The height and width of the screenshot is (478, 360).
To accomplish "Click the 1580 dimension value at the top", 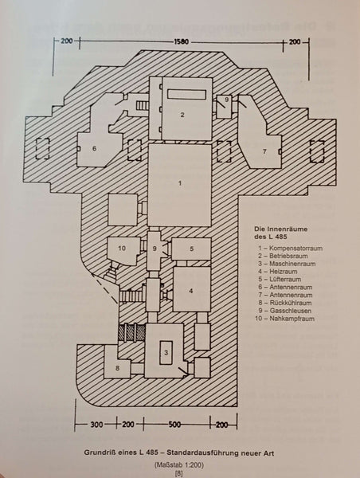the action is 182,41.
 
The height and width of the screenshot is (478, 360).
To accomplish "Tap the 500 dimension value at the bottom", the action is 174,425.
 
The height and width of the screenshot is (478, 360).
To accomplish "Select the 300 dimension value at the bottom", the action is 96,425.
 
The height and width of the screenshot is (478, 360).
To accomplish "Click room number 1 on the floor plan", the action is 180,183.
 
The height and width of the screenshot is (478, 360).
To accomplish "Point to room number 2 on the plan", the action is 182,115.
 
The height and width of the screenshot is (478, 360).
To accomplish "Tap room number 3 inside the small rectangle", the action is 166,353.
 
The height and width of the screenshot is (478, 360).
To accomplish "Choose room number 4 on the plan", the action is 191,291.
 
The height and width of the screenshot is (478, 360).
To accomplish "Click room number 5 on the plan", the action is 192,249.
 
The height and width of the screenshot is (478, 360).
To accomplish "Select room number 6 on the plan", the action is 94,148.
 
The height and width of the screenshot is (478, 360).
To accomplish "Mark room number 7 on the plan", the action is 264,151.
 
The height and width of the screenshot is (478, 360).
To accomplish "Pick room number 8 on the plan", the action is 118,368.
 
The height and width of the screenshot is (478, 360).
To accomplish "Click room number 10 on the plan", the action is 122,249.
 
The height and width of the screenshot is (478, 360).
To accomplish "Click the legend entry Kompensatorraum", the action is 295,248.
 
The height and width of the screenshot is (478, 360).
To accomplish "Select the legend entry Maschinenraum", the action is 292,264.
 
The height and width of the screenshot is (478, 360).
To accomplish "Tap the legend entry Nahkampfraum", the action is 292,319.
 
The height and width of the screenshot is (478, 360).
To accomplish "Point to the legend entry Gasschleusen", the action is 291,311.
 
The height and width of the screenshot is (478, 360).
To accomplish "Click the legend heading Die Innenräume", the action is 280,229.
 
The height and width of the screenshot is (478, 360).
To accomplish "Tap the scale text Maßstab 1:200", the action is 179,465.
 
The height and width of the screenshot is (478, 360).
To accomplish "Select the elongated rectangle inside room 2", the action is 186,95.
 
